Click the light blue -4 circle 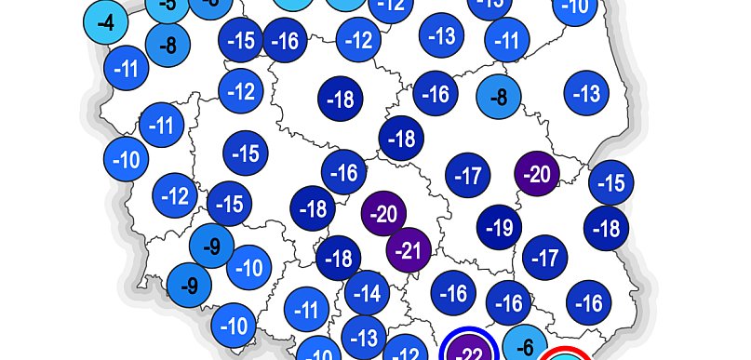pyautogui.click(x=106, y=21)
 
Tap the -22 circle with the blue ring pyautogui.click(x=471, y=352)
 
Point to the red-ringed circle pyautogui.click(x=565, y=355)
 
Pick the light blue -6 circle pyautogui.click(x=525, y=347)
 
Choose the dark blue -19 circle pyautogui.click(x=500, y=227)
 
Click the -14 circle pyautogui.click(x=368, y=295)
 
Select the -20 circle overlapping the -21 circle pyautogui.click(x=383, y=214)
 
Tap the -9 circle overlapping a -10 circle pyautogui.click(x=212, y=247)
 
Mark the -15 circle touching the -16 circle pyautogui.click(x=241, y=41)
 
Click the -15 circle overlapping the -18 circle pyautogui.click(x=610, y=183)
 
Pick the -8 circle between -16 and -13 pyautogui.click(x=499, y=96)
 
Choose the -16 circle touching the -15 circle pyautogui.click(x=286, y=41)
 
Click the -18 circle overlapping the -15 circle pyautogui.click(x=608, y=228)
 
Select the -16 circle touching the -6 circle pyautogui.click(x=509, y=302)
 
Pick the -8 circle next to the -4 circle pyautogui.click(x=168, y=45)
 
